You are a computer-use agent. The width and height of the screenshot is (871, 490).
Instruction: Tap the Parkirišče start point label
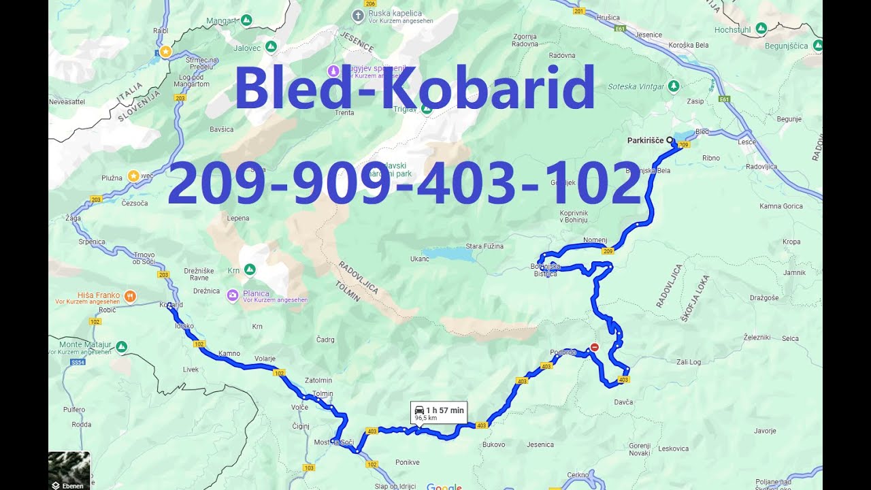point(645,140)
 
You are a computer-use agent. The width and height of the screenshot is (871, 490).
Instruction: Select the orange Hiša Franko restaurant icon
point(130,296)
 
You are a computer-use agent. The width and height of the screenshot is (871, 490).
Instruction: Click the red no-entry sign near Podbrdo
point(594,347)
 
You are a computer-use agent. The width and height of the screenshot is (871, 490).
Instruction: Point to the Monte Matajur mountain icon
point(121,347)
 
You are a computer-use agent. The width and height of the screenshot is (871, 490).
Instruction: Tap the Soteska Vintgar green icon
point(674,86)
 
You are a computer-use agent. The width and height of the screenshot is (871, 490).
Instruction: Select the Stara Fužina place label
point(484,246)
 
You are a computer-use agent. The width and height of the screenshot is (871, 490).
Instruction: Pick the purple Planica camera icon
point(233,295)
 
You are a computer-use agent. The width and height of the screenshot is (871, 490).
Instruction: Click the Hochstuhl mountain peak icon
point(761,28)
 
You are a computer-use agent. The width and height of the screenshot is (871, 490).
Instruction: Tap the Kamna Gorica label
point(781,206)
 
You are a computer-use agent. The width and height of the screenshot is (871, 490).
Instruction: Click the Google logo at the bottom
point(444,487)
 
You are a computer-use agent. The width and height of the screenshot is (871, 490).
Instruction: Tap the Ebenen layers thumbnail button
point(69,470)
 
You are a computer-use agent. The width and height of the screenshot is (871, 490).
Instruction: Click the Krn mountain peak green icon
point(250,269)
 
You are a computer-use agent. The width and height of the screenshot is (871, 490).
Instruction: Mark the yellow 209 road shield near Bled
point(684,145)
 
